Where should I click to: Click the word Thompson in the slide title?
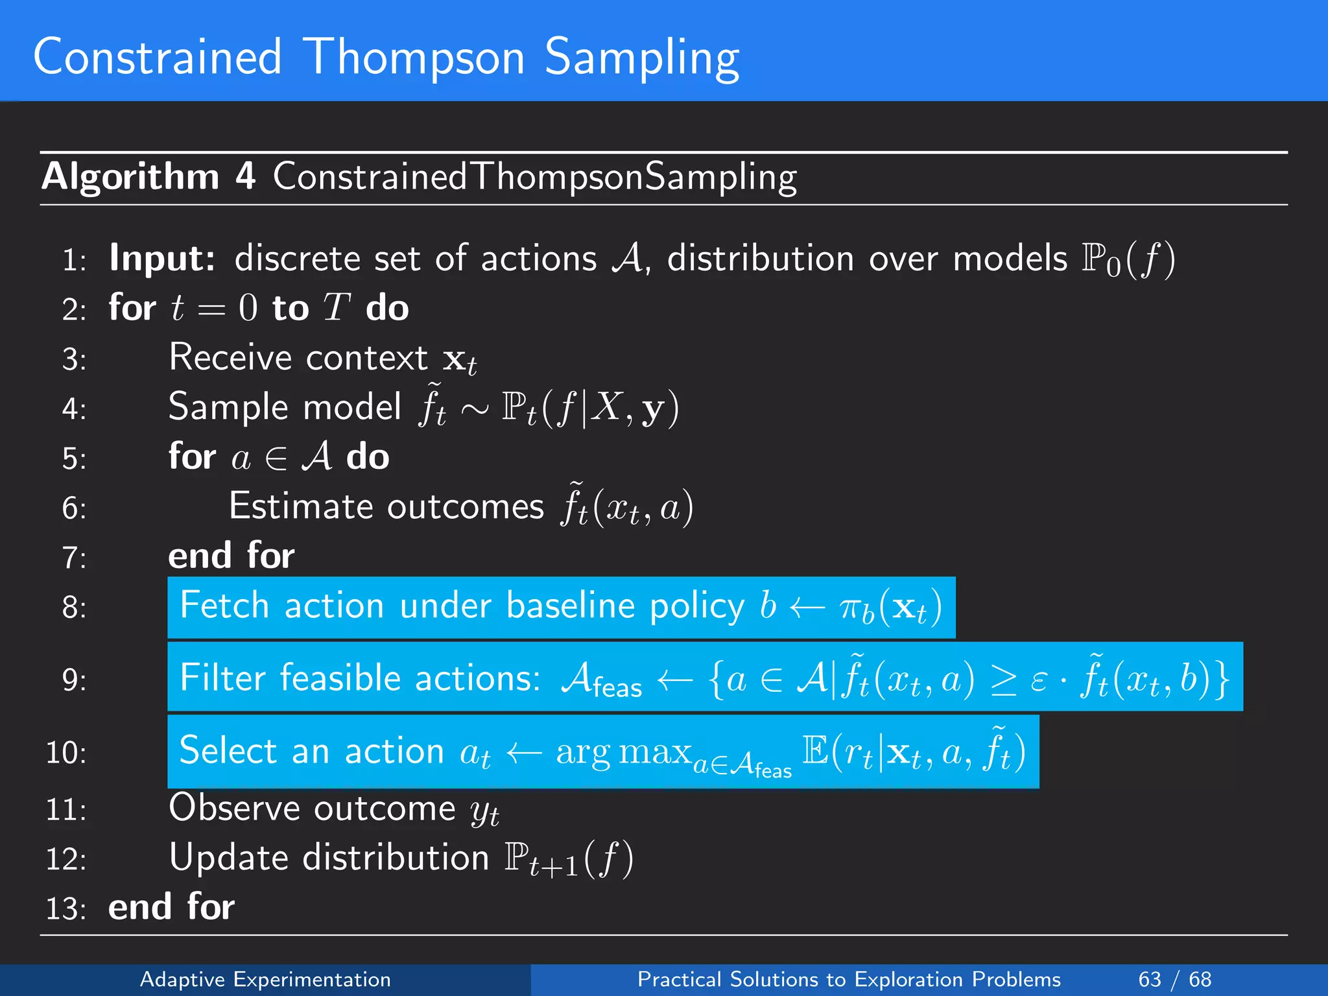click(413, 58)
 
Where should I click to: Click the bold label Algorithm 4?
click(148, 176)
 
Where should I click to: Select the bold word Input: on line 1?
click(162, 259)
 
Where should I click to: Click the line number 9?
click(74, 680)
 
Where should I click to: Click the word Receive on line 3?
click(230, 358)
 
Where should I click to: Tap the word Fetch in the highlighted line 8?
click(224, 606)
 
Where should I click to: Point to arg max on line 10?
click(623, 752)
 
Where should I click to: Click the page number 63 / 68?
click(1174, 979)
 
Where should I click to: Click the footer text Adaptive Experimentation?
click(265, 979)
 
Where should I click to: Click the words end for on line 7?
click(231, 556)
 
